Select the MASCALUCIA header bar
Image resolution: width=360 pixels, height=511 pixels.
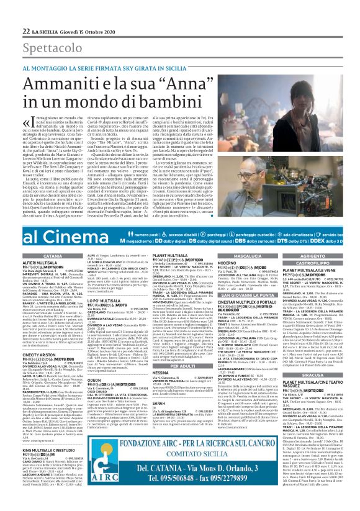(248, 256)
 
